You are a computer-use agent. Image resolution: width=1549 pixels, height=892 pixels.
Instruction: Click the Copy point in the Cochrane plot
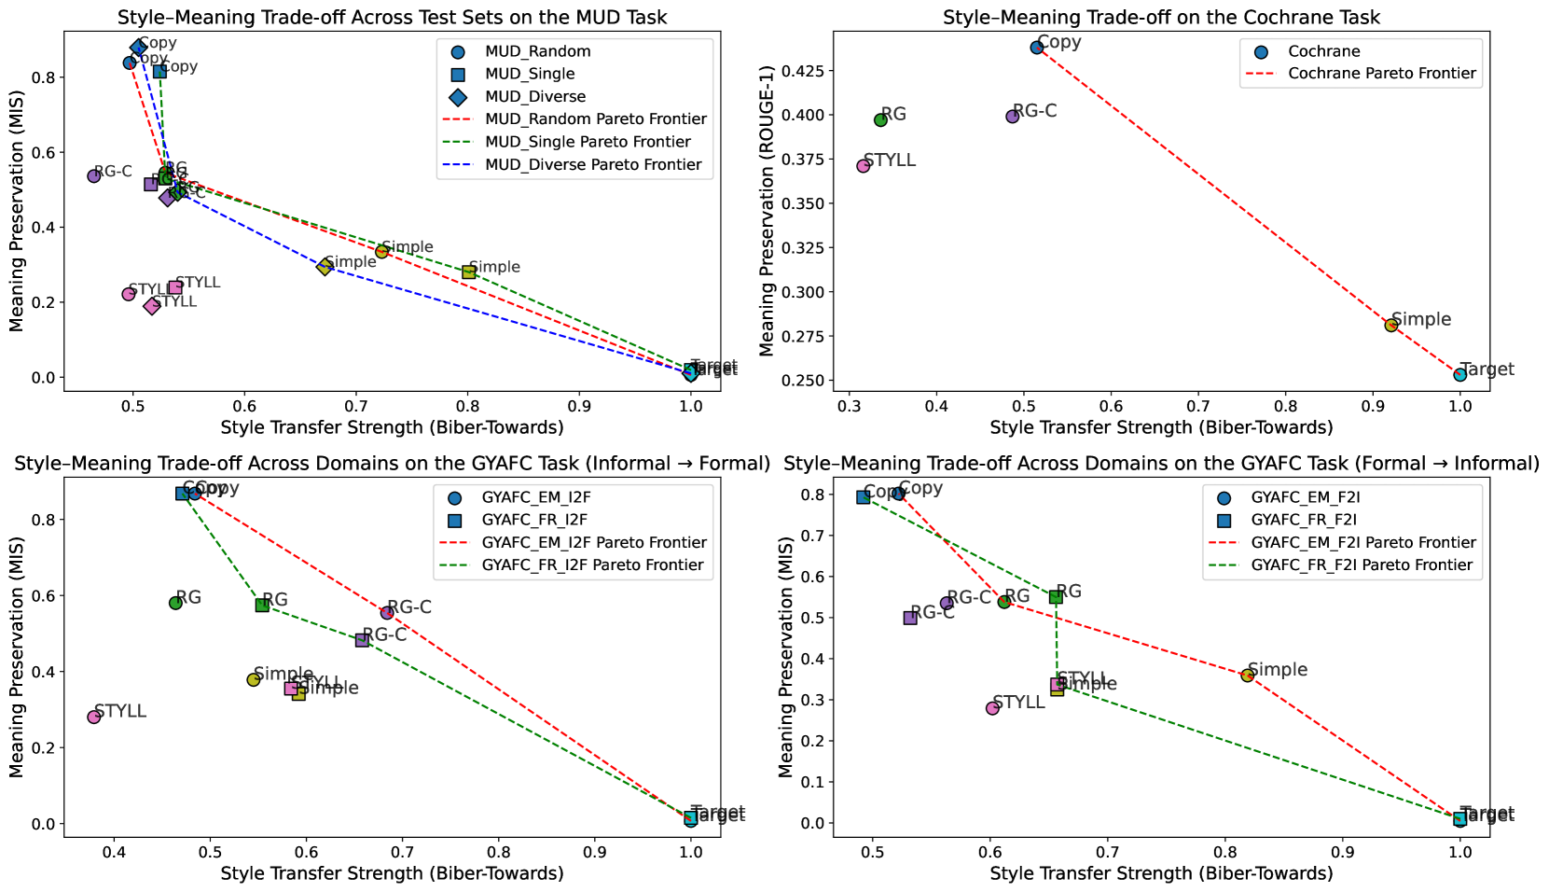pos(1037,48)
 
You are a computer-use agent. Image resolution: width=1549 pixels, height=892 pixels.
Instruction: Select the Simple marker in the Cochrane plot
pos(1390,325)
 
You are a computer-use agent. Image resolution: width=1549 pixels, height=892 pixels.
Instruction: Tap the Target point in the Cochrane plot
pos(1459,374)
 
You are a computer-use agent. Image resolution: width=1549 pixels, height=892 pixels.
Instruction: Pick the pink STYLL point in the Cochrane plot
pos(864,166)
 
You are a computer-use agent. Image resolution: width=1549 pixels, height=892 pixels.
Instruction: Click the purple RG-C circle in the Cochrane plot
pos(1013,117)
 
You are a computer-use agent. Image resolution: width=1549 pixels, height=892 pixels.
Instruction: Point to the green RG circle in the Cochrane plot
pos(880,119)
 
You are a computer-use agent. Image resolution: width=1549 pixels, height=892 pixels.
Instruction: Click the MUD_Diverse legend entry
pos(535,96)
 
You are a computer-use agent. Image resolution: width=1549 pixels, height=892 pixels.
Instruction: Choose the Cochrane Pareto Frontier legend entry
pos(1381,74)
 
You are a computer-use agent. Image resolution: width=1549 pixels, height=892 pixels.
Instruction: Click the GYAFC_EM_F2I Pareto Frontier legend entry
pos(1363,542)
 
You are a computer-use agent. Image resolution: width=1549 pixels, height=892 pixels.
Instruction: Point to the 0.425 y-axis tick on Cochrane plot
pos(811,71)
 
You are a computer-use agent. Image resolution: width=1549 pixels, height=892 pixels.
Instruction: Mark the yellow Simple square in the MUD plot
pos(469,272)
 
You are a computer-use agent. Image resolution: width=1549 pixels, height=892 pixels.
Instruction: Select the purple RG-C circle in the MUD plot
pos(94,176)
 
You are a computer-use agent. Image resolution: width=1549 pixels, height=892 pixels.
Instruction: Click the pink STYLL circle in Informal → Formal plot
pos(94,717)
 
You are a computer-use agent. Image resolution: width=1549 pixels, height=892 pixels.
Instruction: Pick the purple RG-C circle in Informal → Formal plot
pos(387,612)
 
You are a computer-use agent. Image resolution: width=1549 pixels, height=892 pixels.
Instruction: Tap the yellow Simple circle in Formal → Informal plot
pos(1247,675)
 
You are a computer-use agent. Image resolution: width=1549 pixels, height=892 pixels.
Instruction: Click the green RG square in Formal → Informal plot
pos(1056,597)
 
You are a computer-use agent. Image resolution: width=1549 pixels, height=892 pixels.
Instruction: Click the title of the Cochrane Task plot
pos(1161,17)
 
